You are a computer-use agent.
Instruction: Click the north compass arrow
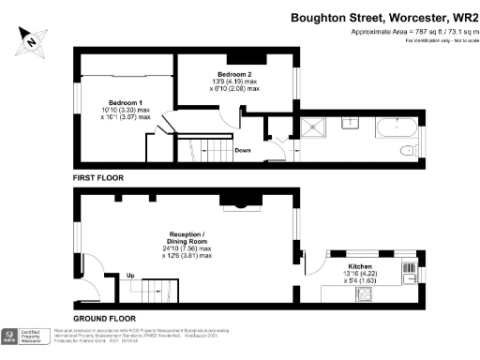point(32,40)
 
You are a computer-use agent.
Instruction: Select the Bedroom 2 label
point(235,72)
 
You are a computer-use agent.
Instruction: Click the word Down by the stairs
point(242,150)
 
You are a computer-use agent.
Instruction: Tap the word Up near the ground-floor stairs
point(129,275)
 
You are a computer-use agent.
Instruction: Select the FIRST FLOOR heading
point(97,176)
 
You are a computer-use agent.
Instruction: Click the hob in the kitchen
point(365,292)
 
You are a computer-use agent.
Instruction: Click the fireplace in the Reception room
point(235,199)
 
